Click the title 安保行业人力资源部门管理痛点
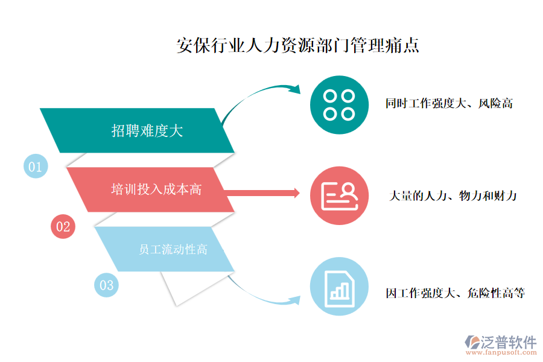pyautogui.click(x=298, y=45)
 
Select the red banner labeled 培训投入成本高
pyautogui.click(x=150, y=189)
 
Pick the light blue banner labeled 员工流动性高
pyautogui.click(x=165, y=249)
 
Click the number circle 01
pyautogui.click(x=36, y=167)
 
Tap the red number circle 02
pyautogui.click(x=63, y=227)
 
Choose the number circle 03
pyautogui.click(x=106, y=285)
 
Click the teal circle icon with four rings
pyautogui.click(x=339, y=105)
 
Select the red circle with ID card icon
pyautogui.click(x=339, y=195)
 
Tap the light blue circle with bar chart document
pyautogui.click(x=339, y=287)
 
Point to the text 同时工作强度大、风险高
pyautogui.click(x=449, y=103)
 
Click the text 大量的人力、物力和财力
pyautogui.click(x=453, y=196)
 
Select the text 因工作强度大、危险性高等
pyautogui.click(x=456, y=293)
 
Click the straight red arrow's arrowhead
pyautogui.click(x=296, y=193)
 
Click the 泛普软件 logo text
pyautogui.click(x=509, y=342)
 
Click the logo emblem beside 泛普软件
pyautogui.click(x=472, y=342)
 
